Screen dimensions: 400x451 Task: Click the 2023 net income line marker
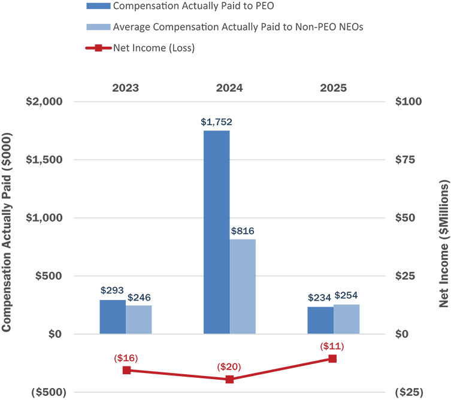[126, 370]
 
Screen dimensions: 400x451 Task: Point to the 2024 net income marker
[229, 379]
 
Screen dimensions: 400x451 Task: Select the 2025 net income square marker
[332, 359]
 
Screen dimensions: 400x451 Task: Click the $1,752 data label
[216, 122]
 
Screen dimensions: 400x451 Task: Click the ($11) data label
[332, 346]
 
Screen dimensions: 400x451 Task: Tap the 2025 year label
[332, 87]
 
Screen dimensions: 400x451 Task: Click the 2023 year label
[126, 87]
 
